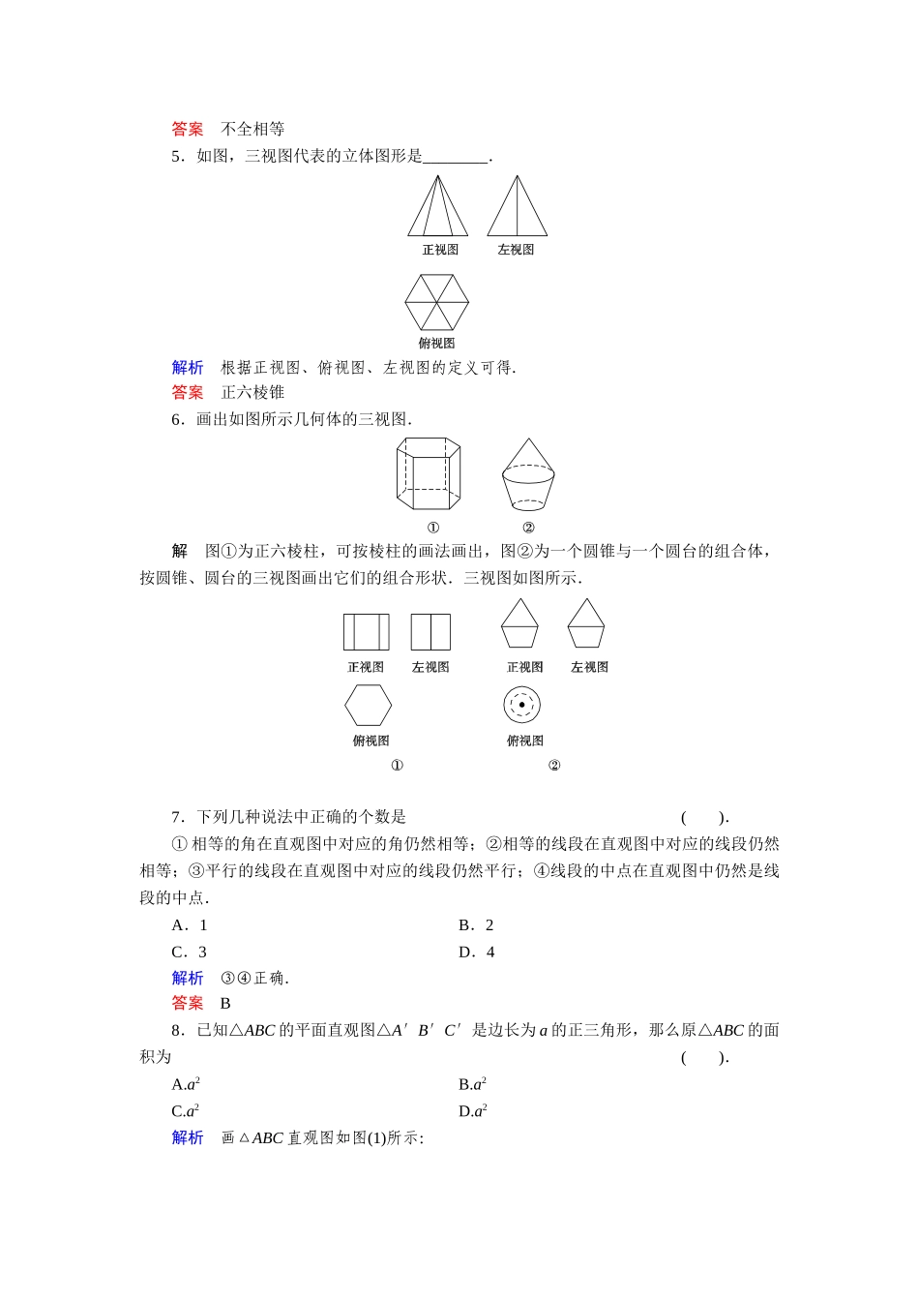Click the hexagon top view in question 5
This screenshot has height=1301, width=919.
pyautogui.click(x=436, y=303)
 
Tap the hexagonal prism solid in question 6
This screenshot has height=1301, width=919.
pyautogui.click(x=428, y=473)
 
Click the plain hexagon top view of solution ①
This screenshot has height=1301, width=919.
pyautogui.click(x=368, y=705)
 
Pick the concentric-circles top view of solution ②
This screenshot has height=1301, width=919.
pyautogui.click(x=521, y=705)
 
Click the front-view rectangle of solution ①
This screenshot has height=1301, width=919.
pyautogui.click(x=366, y=632)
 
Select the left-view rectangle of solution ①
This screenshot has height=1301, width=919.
pyautogui.click(x=430, y=632)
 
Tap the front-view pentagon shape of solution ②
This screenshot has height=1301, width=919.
pyautogui.click(x=519, y=624)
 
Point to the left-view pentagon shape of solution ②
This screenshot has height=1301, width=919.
pyautogui.click(x=586, y=624)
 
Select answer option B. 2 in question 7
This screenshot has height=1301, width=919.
pyautogui.click(x=476, y=925)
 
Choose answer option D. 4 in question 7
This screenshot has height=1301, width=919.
pyautogui.click(x=476, y=953)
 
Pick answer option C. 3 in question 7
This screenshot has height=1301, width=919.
pyautogui.click(x=190, y=953)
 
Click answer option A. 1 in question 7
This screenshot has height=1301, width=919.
pyautogui.click(x=190, y=925)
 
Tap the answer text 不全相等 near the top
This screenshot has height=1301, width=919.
pyautogui.click(x=252, y=129)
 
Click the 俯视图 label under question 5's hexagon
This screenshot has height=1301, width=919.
pyautogui.click(x=436, y=344)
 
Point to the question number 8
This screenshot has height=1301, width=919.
pyautogui.click(x=177, y=1030)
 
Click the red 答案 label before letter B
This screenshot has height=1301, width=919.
pyautogui.click(x=188, y=1004)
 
